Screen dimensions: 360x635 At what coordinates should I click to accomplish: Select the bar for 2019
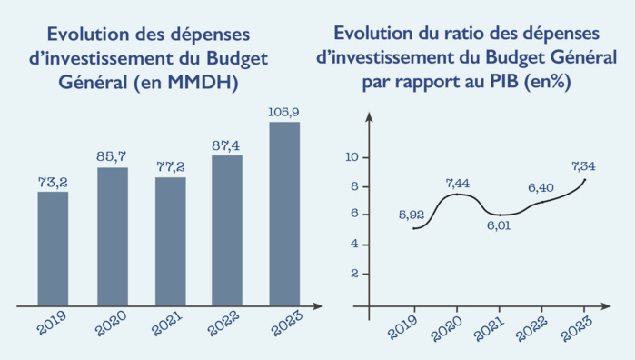(x=53, y=247)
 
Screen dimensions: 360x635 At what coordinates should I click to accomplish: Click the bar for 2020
(x=112, y=235)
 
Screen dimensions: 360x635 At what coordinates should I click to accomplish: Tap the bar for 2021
(x=170, y=240)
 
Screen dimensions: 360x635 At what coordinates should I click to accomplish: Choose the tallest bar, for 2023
(x=284, y=213)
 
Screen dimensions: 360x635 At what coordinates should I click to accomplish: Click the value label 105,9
(x=284, y=113)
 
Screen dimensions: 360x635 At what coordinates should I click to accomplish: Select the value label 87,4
(x=227, y=145)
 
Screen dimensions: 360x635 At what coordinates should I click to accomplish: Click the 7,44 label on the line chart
(x=458, y=183)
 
